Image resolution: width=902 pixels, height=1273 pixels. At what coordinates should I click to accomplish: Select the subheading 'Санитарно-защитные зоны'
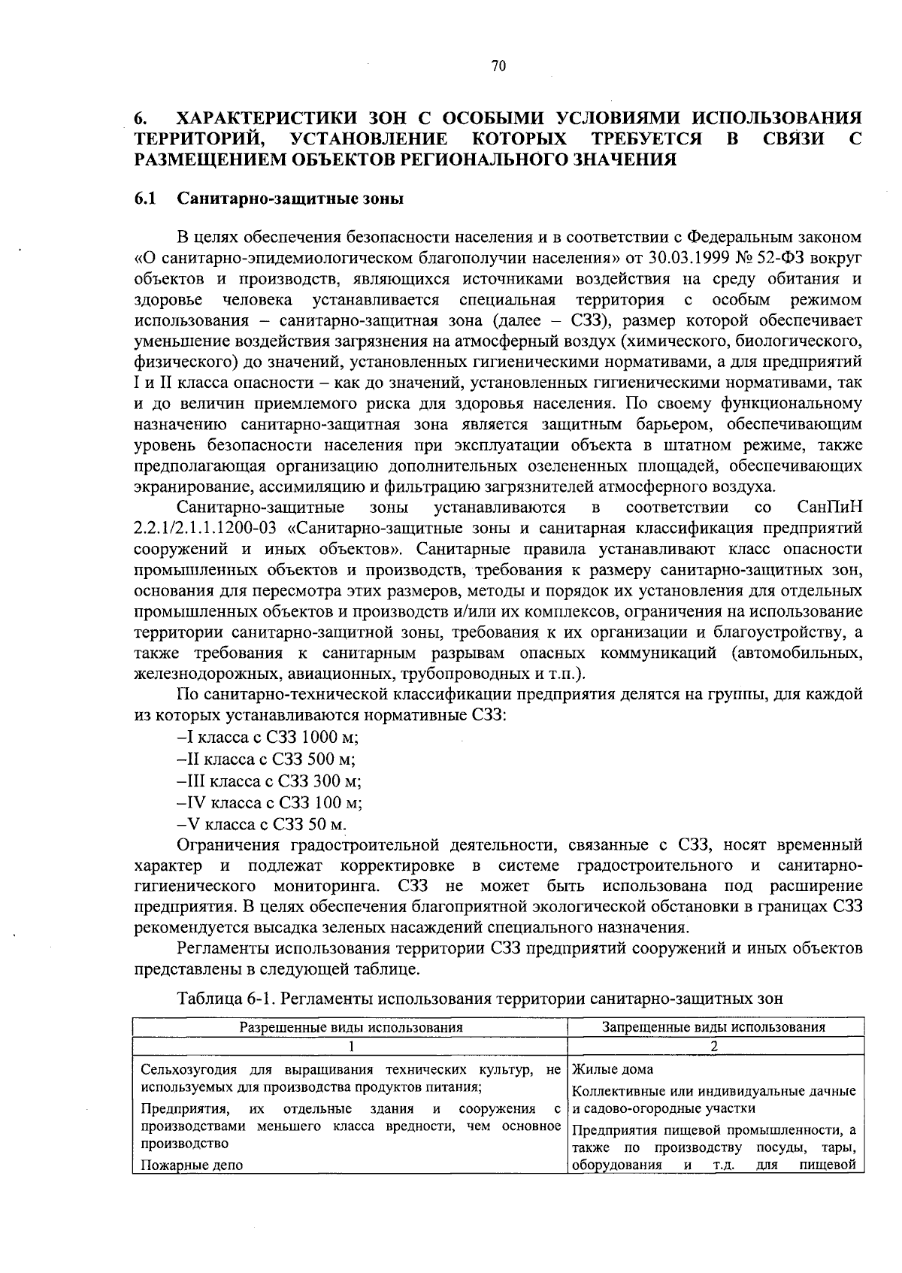tap(290, 199)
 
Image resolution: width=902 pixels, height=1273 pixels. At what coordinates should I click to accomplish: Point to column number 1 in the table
tap(350, 1046)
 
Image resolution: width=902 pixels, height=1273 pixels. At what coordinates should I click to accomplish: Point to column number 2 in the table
tap(714, 1046)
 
